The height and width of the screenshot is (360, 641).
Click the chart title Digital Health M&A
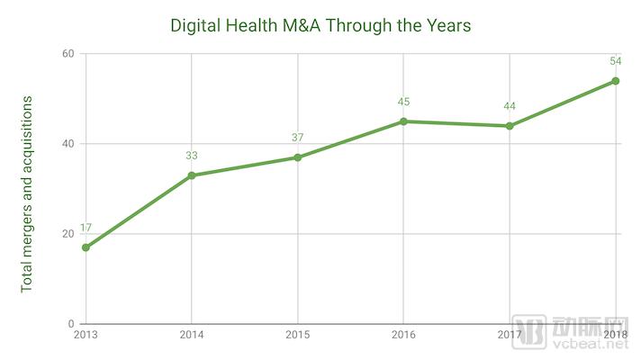(x=320, y=26)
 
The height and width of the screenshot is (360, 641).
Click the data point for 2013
(x=86, y=247)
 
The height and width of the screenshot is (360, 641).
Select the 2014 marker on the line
(x=192, y=175)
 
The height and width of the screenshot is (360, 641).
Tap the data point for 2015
(x=297, y=157)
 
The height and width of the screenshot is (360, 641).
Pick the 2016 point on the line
(x=403, y=121)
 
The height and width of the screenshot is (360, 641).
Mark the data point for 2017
(x=510, y=126)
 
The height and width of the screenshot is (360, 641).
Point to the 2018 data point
(x=616, y=81)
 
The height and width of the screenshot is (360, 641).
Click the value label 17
(x=86, y=229)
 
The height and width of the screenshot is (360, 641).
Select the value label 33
(x=192, y=156)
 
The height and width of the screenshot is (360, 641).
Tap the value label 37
(x=297, y=138)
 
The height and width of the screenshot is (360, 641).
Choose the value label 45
(x=403, y=102)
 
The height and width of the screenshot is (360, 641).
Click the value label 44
(x=510, y=106)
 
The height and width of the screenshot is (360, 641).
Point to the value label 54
(x=616, y=61)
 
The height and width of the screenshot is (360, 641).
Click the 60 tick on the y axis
(x=67, y=54)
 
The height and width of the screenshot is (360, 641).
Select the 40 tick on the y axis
(x=67, y=144)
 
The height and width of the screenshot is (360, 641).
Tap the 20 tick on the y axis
(x=67, y=234)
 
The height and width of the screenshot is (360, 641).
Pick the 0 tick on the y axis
(x=70, y=324)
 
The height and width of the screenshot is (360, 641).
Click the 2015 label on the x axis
(x=297, y=336)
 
